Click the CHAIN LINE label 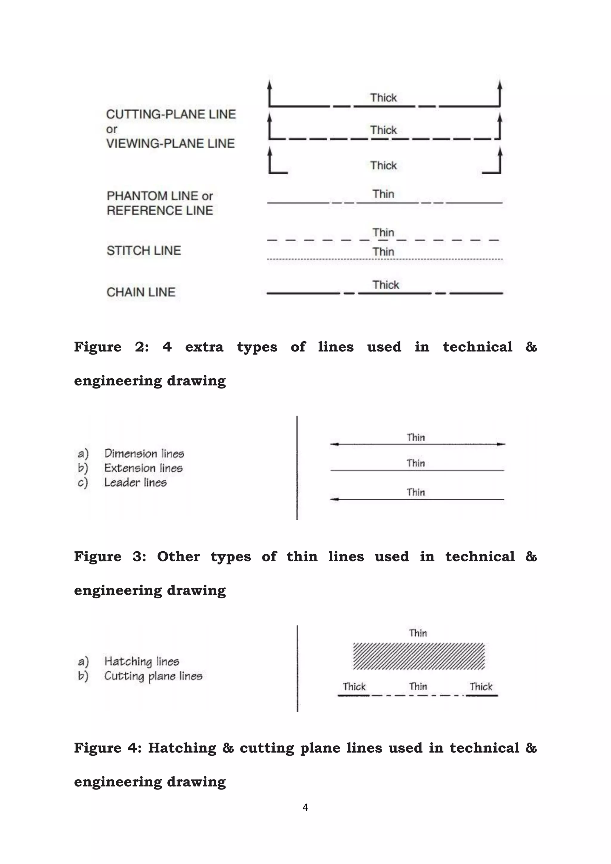point(141,292)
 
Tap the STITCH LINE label point(144,251)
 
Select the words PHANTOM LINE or point(160,196)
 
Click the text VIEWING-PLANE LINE point(170,144)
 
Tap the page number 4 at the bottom point(305,807)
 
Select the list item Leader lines point(135,482)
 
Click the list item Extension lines point(143,468)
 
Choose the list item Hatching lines point(141,661)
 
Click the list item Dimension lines point(144,453)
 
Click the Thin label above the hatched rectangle point(418,633)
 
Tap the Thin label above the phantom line point(383,194)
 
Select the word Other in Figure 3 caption point(178,556)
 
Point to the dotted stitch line point(385,259)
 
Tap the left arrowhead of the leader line point(334,499)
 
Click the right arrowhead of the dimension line point(501,444)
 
